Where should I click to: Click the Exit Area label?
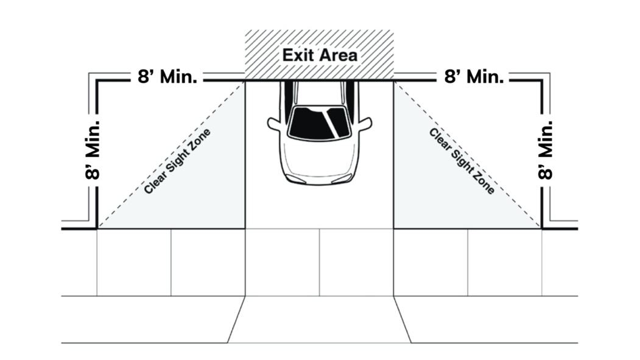coord(319,55)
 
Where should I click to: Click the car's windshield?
coord(318,122)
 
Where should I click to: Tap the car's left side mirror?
coord(274,124)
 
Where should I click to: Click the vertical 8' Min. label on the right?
coord(546,149)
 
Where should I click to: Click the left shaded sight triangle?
coord(207,201)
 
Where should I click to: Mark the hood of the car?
coord(319,158)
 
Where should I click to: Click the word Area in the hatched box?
coord(337,55)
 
